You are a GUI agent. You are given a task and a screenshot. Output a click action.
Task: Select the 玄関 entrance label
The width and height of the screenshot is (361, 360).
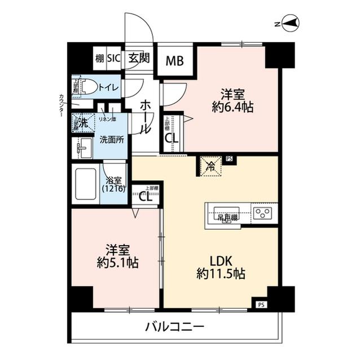(138, 57)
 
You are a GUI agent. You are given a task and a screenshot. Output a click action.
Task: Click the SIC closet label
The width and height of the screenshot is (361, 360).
(114, 57)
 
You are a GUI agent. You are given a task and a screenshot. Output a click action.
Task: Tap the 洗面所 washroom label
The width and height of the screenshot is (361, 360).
(111, 139)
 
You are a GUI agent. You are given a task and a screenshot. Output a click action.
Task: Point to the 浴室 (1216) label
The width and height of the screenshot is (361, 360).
(115, 185)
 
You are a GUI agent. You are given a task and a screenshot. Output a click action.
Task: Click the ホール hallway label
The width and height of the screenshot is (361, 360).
(145, 115)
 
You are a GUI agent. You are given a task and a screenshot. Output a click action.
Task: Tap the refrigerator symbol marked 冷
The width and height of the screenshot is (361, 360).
(209, 166)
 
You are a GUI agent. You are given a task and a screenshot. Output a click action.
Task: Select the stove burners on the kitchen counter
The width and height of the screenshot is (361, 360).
(262, 213)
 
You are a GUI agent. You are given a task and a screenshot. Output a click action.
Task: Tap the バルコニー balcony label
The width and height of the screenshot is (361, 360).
(173, 326)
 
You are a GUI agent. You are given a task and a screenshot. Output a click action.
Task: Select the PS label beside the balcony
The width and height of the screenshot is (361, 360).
(260, 305)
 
